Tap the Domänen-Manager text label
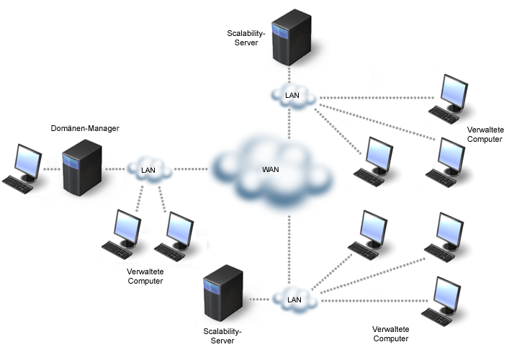click(85, 128)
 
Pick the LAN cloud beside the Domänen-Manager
click(149, 170)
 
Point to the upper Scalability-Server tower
click(291, 38)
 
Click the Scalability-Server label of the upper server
click(246, 38)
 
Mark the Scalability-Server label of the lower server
click(223, 336)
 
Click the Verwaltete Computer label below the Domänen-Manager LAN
click(145, 276)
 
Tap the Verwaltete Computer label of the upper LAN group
click(485, 134)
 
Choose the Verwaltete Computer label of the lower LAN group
click(391, 333)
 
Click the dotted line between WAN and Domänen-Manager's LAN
click(192, 170)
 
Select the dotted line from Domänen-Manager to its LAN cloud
click(115, 170)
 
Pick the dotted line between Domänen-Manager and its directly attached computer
click(51, 170)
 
